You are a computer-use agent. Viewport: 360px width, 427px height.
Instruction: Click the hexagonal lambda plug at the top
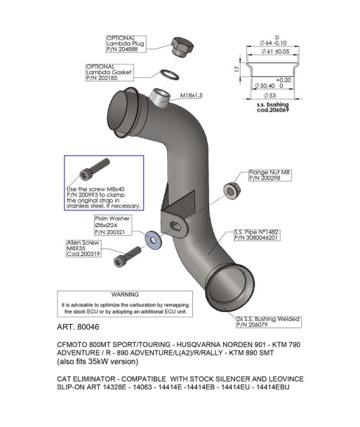click(x=182, y=47)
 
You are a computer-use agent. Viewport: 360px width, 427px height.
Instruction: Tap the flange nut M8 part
click(x=232, y=190)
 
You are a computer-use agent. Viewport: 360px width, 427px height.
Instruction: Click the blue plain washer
click(x=153, y=240)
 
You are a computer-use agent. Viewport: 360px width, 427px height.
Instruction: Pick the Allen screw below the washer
click(x=127, y=257)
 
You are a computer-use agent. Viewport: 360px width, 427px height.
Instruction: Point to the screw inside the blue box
click(x=95, y=170)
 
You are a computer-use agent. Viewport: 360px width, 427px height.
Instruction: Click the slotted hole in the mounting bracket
click(x=176, y=226)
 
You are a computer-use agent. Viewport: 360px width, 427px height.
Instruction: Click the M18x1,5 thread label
click(x=192, y=95)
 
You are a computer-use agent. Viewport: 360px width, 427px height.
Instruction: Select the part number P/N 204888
click(x=122, y=49)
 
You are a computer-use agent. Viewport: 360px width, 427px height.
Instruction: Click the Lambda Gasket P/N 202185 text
click(x=102, y=78)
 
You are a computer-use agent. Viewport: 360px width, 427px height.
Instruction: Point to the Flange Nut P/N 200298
click(x=265, y=178)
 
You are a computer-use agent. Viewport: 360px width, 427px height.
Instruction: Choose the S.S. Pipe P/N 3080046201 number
click(x=256, y=238)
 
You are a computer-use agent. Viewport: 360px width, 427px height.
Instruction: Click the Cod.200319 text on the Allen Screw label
click(x=84, y=254)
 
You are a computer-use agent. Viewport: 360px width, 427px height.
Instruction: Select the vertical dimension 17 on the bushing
click(x=237, y=69)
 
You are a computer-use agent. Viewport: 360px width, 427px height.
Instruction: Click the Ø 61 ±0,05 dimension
click(x=275, y=51)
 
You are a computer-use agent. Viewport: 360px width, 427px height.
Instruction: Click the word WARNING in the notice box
click(x=125, y=294)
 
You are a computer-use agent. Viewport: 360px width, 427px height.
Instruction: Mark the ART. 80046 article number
click(x=78, y=327)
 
